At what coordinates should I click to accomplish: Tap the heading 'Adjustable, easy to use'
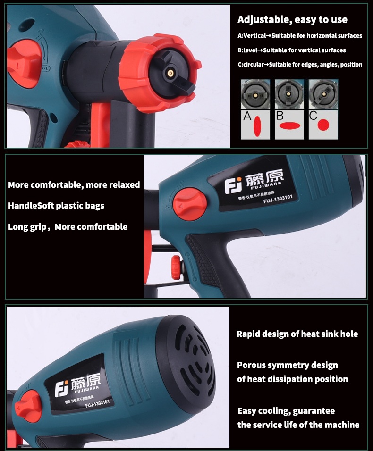coord(292,19)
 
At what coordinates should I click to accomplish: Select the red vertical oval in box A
coord(257,126)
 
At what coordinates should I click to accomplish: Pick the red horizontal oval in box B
coord(290,125)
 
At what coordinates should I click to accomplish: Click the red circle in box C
coord(323,125)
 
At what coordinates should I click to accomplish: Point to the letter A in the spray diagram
coord(247,116)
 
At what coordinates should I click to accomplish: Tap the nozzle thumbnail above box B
coord(289,94)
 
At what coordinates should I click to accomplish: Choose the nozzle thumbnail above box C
coord(323,94)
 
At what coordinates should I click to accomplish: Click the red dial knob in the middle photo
coord(190,204)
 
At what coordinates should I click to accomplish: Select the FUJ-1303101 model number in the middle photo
coord(278,199)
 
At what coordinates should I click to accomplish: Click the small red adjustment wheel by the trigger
coord(176,267)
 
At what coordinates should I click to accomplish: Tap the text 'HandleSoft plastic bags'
coord(56,206)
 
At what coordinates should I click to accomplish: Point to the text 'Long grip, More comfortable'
coord(68,227)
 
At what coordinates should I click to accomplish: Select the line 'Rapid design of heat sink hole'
coord(297,334)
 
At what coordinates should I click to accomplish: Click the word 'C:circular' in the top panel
coord(251,65)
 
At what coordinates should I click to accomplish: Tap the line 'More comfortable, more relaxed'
coord(74,184)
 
